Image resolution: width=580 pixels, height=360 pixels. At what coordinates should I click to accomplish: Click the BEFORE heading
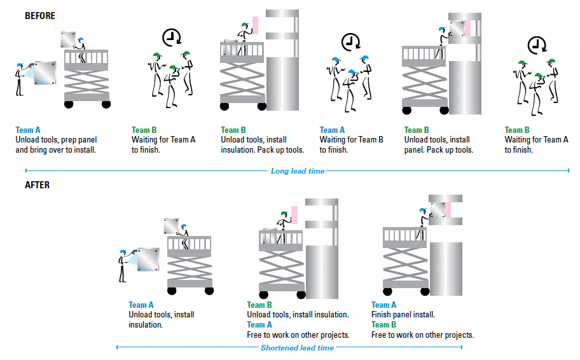click(40, 16)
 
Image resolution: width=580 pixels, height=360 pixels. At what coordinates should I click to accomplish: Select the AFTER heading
click(36, 185)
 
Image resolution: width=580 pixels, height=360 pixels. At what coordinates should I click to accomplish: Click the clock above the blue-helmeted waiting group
click(349, 43)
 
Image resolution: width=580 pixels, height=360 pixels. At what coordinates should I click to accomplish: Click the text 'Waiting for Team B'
click(352, 140)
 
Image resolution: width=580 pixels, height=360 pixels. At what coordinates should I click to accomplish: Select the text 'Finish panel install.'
click(403, 315)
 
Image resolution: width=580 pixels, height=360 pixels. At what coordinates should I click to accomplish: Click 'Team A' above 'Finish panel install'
click(383, 305)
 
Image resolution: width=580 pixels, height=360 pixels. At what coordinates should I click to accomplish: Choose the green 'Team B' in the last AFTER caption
click(383, 325)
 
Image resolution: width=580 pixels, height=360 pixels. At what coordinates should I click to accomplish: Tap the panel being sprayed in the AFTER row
click(148, 260)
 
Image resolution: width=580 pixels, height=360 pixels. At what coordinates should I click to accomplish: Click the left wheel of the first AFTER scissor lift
click(172, 291)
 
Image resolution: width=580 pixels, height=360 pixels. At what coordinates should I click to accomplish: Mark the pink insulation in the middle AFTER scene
click(294, 215)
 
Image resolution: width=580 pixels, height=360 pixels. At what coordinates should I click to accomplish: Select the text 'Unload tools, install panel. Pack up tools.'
click(439, 145)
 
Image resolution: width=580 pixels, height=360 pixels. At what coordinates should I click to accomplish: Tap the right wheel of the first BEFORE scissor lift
click(106, 104)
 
